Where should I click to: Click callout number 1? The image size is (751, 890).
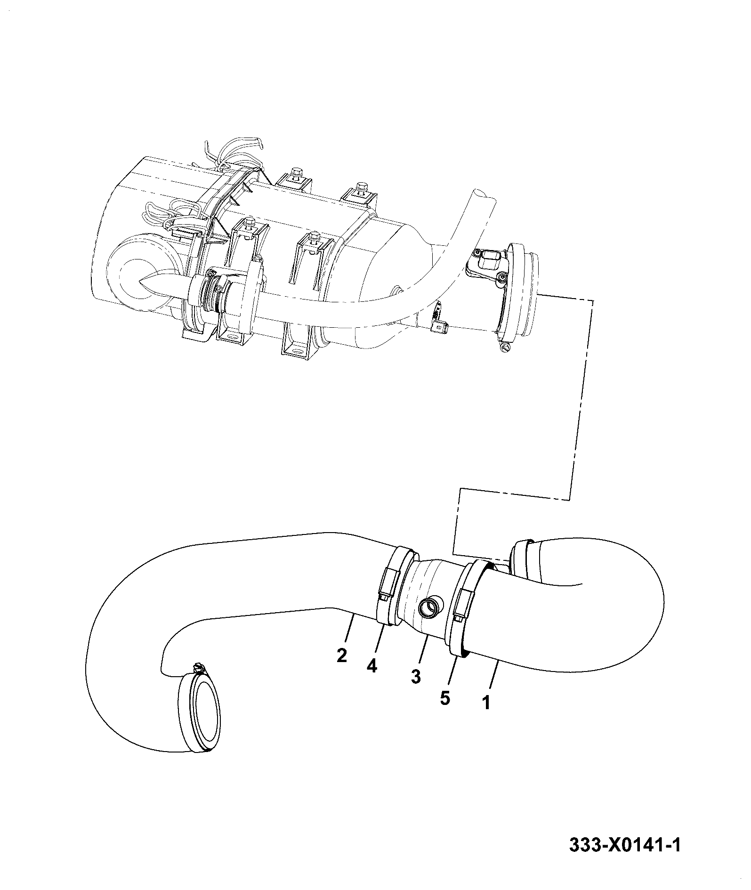486,716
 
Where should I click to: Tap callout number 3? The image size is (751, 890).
415,677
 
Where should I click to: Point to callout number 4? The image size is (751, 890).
372,666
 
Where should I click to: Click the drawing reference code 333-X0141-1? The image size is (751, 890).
625,845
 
